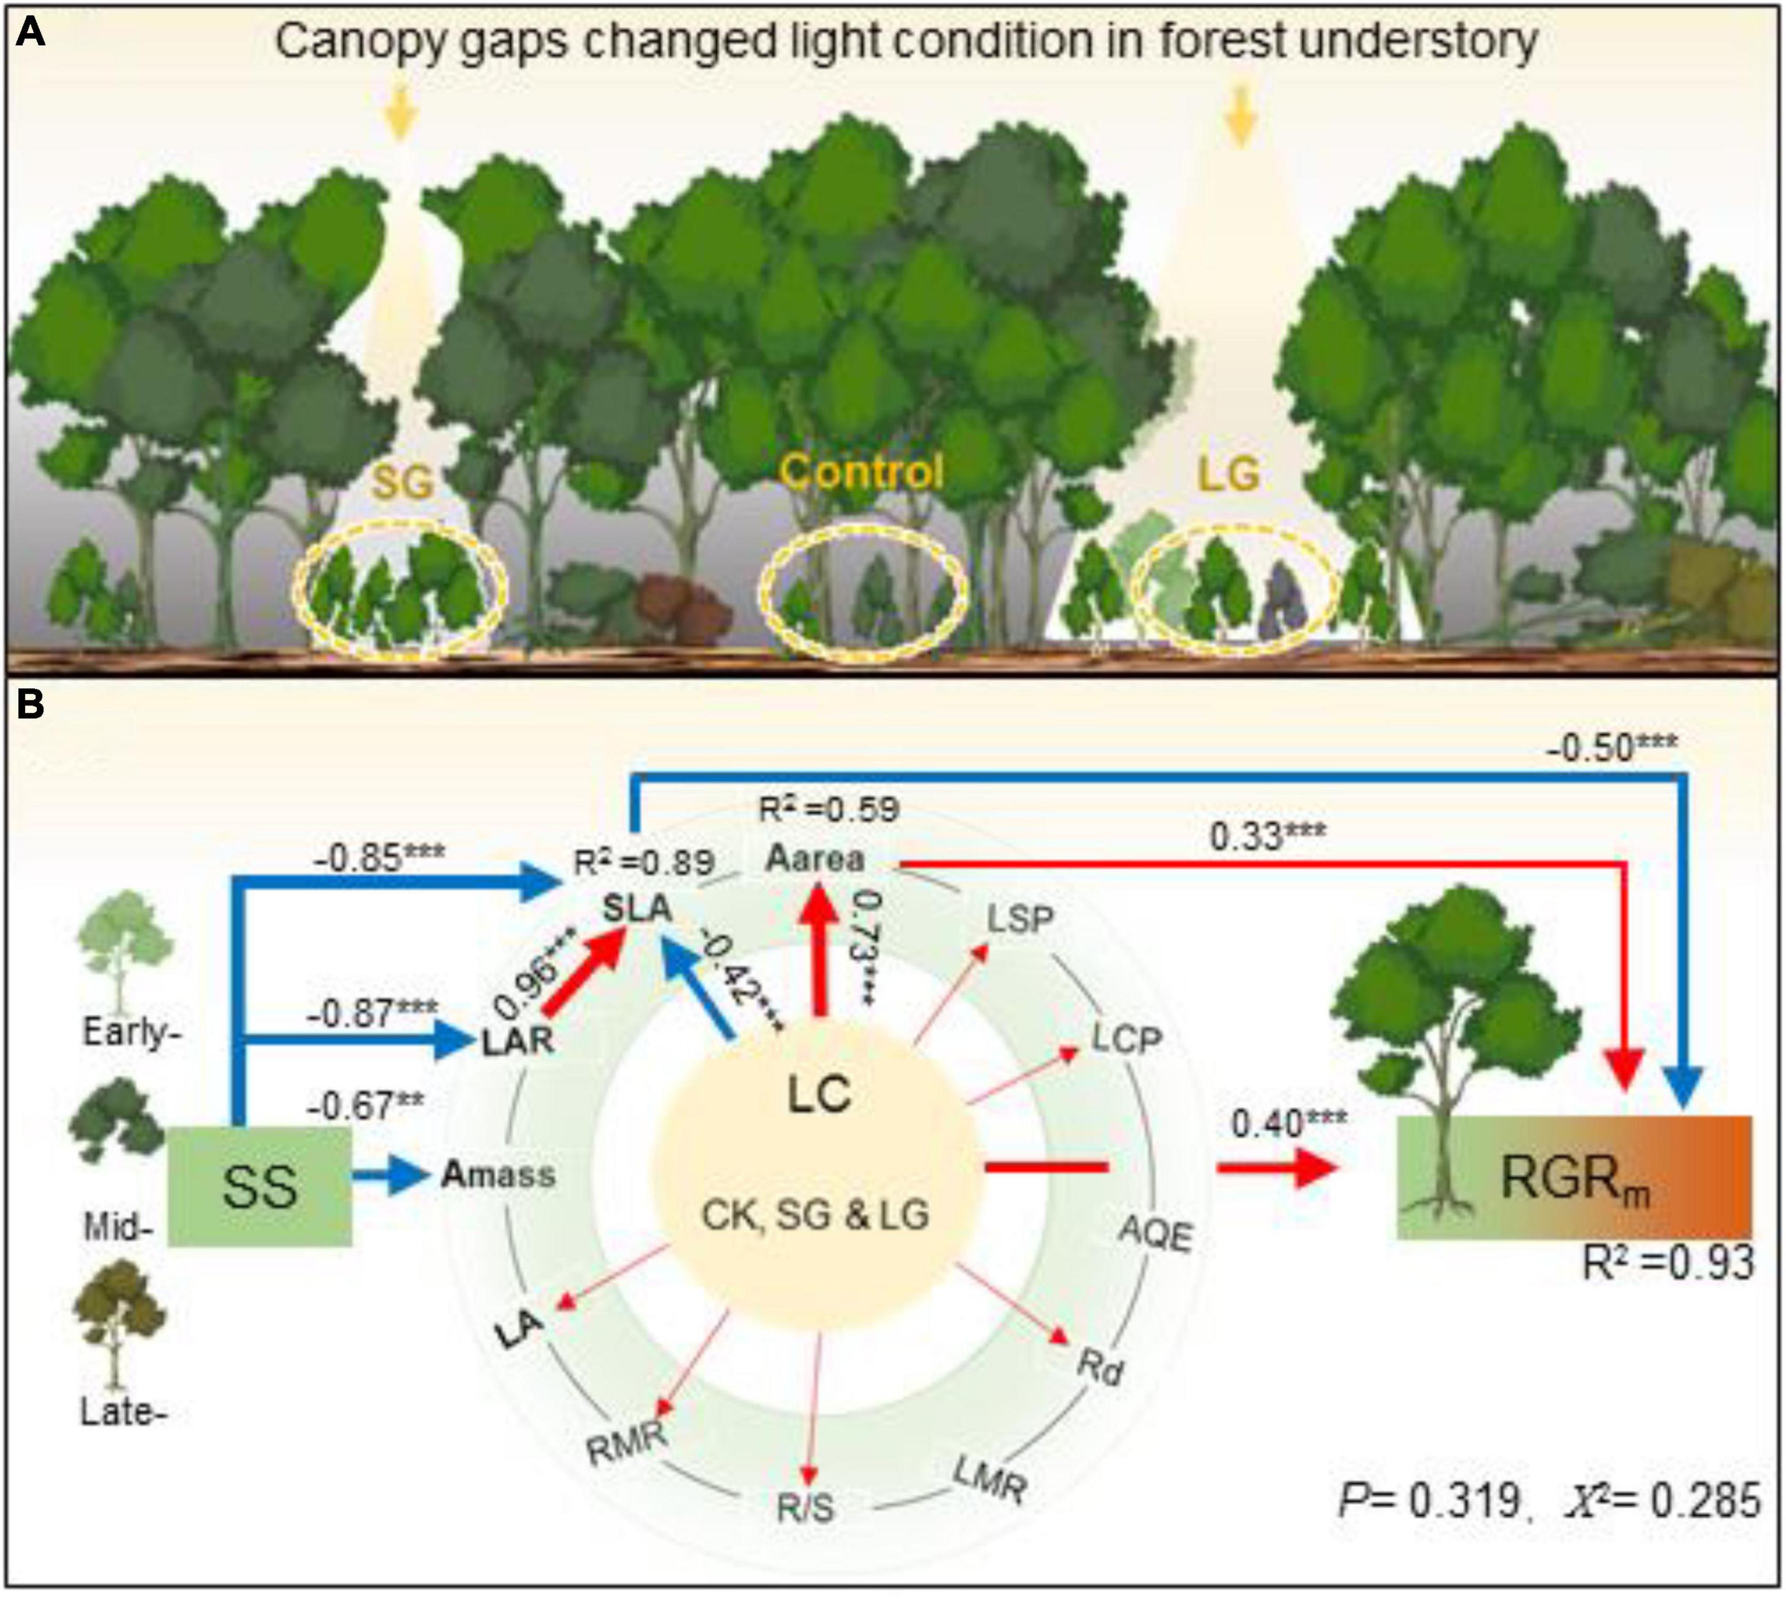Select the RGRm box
point(1575,1177)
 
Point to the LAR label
point(518,1041)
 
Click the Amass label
point(498,1175)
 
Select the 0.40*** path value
point(1289,1123)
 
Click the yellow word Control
point(861,472)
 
